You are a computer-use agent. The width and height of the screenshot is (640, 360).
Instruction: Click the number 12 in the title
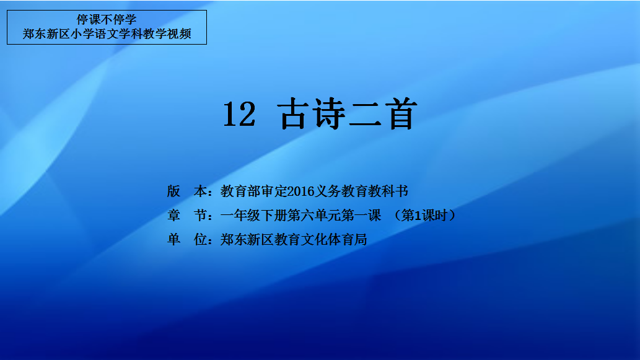239,114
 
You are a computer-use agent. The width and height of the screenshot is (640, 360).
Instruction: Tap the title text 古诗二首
348,114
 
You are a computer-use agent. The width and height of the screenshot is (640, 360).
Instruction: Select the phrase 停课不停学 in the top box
107,20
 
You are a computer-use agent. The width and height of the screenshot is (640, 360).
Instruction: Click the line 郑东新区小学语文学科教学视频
107,34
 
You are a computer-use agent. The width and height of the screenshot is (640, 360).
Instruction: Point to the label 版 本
187,191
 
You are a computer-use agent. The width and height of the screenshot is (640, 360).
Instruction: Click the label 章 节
187,215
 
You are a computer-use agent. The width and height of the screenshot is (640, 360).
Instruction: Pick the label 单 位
187,239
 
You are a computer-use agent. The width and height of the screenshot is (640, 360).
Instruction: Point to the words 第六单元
314,215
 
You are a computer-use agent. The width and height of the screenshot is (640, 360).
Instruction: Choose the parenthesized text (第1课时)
424,215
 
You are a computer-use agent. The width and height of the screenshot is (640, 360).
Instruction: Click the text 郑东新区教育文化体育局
294,239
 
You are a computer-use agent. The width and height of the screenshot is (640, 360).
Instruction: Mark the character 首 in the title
401,114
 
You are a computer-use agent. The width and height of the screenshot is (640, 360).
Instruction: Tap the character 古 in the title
293,114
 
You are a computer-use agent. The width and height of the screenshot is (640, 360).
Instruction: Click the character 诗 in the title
329,114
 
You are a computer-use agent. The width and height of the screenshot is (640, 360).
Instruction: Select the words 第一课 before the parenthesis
361,215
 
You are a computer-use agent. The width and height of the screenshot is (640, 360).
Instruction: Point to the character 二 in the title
366,114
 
